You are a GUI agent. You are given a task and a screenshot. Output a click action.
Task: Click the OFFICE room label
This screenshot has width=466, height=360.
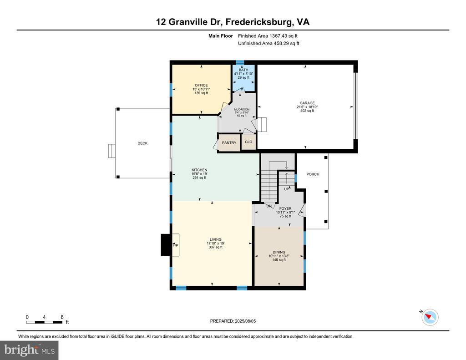[x=201, y=85]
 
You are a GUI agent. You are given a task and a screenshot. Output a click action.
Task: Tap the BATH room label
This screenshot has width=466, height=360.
[x=243, y=70]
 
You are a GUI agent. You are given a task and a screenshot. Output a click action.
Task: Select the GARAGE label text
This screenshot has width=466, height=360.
[x=307, y=103]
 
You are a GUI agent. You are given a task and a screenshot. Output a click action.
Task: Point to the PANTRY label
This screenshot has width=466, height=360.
[x=229, y=143]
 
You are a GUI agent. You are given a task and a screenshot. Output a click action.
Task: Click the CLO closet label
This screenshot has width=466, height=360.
[x=248, y=142]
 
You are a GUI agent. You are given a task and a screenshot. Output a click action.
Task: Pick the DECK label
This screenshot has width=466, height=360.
[x=142, y=143]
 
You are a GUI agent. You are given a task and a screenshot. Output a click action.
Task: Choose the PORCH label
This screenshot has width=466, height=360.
[x=313, y=174]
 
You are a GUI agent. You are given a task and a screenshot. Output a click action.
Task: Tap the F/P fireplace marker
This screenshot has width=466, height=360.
[x=175, y=245]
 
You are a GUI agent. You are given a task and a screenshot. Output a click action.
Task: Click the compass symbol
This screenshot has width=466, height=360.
[x=430, y=317]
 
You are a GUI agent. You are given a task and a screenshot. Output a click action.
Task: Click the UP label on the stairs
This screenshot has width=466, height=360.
[x=286, y=189]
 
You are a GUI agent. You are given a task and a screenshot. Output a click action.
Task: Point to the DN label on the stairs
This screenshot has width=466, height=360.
[x=269, y=206]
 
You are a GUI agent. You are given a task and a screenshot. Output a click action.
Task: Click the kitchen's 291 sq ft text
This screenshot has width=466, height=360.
[x=199, y=178]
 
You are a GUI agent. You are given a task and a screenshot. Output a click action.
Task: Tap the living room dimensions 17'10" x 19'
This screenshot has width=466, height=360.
[x=215, y=243]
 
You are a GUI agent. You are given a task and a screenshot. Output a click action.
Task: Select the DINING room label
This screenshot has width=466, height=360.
[x=279, y=252]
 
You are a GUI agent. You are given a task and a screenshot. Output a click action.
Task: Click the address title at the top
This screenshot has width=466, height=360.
[x=233, y=22]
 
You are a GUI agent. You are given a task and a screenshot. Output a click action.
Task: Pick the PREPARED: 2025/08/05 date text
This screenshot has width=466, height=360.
[x=233, y=321]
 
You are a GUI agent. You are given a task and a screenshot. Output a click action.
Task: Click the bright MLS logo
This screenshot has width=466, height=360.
[x=29, y=350]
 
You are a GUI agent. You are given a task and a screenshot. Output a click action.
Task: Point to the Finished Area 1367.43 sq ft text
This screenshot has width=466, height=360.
[x=268, y=36]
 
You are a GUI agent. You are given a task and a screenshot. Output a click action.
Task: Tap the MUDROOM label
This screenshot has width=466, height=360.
[x=242, y=109]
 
